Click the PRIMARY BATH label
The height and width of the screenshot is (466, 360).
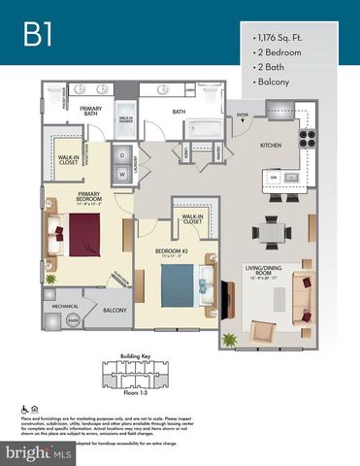click(91, 112)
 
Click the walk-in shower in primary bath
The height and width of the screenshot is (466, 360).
click(126, 118)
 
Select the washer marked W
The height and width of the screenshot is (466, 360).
click(124, 175)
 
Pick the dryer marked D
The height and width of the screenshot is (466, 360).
click(124, 155)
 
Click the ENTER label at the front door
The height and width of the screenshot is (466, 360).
click(243, 115)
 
